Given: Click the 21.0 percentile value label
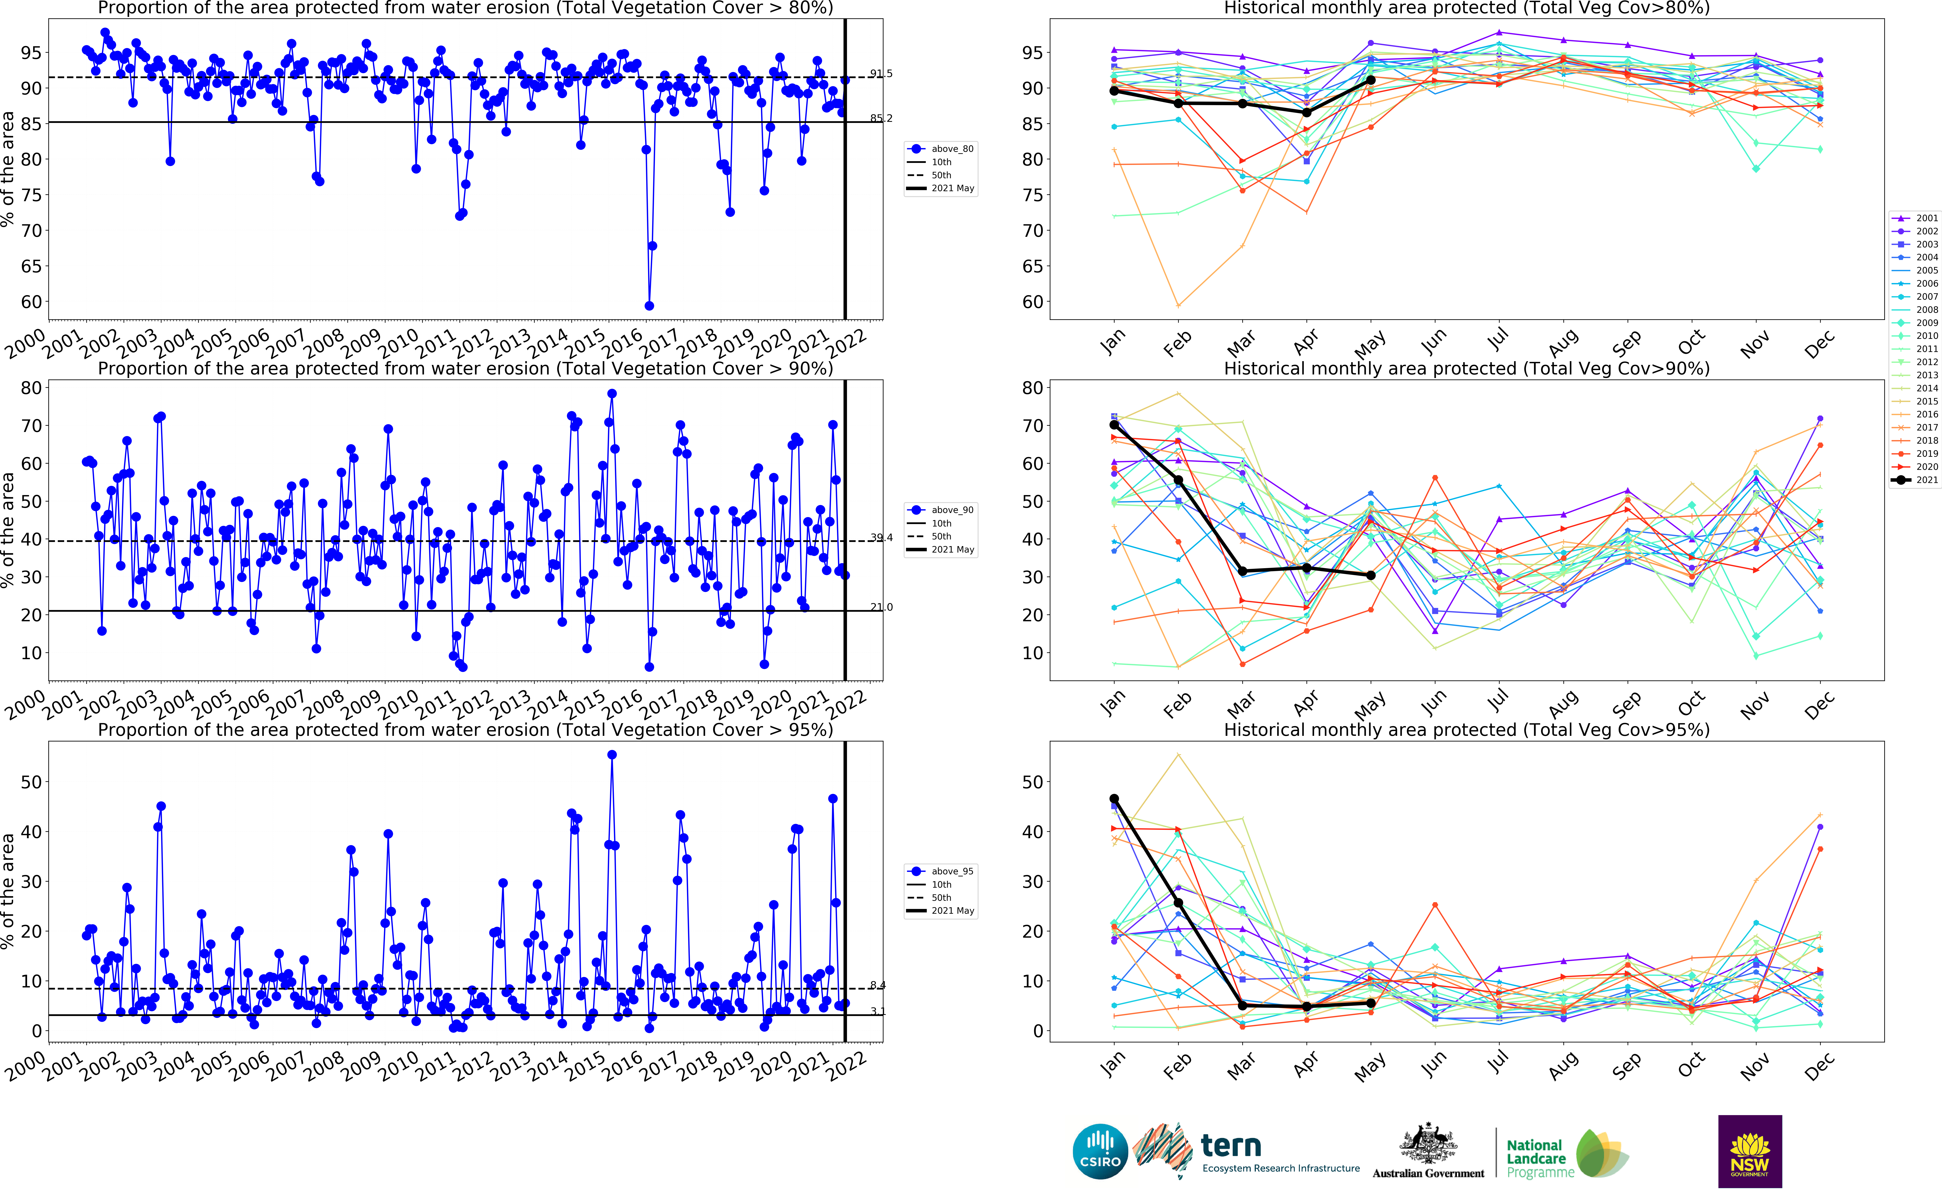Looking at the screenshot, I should (x=881, y=607).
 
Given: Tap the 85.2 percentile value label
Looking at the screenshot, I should (x=881, y=119).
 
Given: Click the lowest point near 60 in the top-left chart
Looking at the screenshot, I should (x=649, y=306).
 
